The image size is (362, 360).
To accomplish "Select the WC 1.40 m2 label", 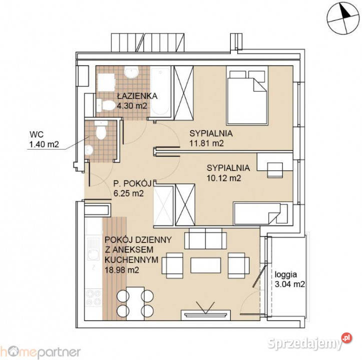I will [x=44, y=140].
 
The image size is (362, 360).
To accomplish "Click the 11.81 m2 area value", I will [x=206, y=143].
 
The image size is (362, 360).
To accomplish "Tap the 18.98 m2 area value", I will [x=122, y=269].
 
